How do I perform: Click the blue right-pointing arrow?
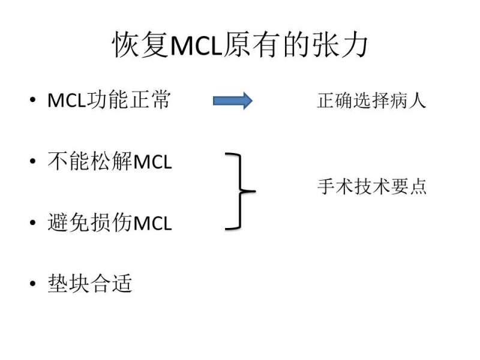tap(233, 101)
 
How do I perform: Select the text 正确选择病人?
tap(371, 100)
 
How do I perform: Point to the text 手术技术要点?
tap(371, 187)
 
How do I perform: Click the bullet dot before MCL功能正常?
tap(32, 101)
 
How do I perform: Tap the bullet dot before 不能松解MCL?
tap(32, 162)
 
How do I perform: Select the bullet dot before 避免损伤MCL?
tap(32, 224)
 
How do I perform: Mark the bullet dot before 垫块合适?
tap(32, 284)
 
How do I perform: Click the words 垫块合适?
tap(90, 283)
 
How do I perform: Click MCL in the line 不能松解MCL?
tap(152, 162)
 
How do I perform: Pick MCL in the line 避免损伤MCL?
tap(152, 224)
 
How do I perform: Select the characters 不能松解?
tap(90, 161)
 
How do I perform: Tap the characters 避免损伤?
tap(90, 223)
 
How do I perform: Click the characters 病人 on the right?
tap(413, 100)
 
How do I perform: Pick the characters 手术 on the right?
tap(331, 187)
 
